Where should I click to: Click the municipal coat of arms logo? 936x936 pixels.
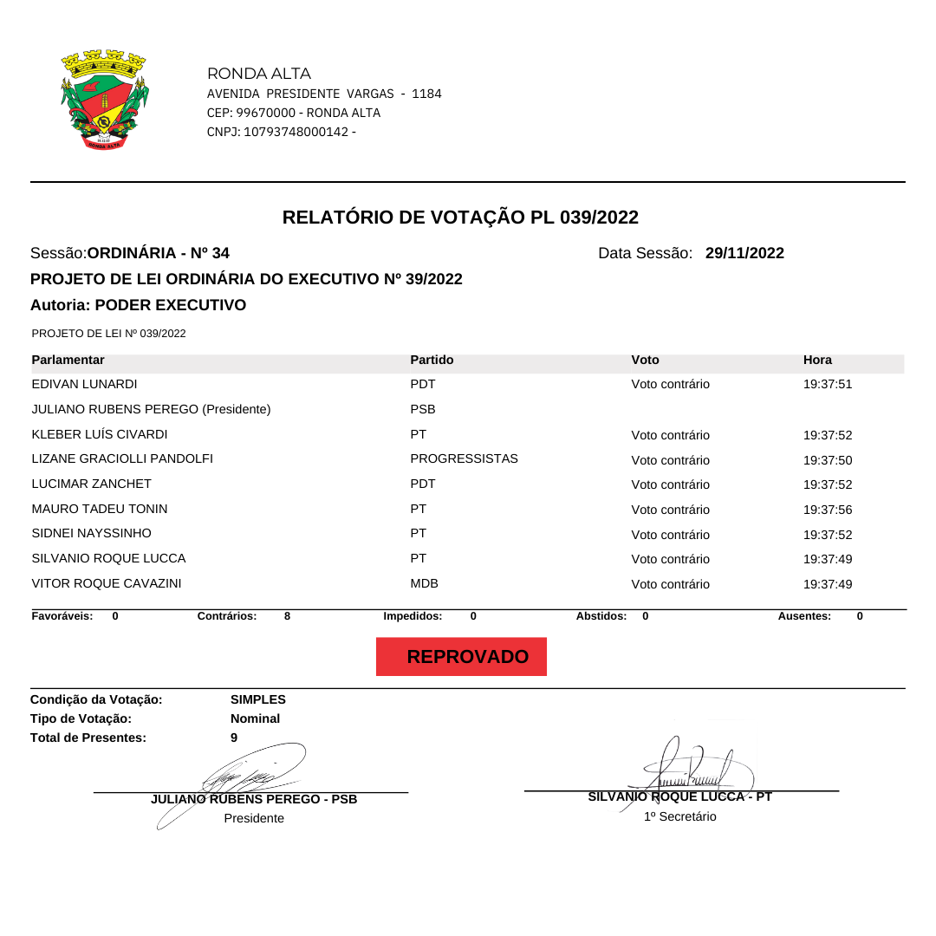[104, 100]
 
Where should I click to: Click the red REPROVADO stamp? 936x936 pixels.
[461, 657]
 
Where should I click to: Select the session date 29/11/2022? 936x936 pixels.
[744, 253]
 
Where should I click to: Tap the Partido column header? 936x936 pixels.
[432, 360]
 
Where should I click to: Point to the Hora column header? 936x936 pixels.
[817, 360]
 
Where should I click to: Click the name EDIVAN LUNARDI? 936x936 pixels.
[84, 384]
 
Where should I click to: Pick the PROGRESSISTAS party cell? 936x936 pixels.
[464, 458]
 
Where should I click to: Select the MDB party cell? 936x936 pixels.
[424, 583]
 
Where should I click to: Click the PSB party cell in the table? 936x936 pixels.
[423, 409]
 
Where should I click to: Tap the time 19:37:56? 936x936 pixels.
[828, 510]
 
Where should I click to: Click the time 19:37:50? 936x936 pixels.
[828, 460]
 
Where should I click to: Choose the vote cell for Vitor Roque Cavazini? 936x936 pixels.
[670, 584]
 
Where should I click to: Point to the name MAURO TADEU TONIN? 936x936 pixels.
[100, 509]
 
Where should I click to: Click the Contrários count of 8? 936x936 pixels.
[287, 616]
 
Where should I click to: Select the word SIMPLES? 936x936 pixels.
[258, 699]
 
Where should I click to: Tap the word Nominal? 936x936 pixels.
[255, 718]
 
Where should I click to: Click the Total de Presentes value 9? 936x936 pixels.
[234, 738]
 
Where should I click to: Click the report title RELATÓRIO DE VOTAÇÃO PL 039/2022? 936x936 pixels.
[460, 217]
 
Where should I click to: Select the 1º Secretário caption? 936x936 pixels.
[679, 816]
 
